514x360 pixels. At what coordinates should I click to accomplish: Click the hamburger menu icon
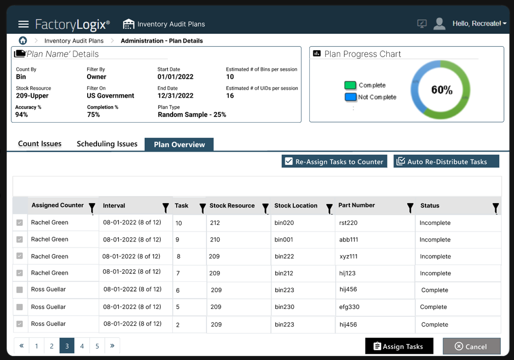23,24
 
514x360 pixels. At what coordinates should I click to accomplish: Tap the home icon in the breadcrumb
23,40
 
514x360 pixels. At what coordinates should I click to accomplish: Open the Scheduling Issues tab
107,144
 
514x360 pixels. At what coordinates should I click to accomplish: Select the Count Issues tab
40,144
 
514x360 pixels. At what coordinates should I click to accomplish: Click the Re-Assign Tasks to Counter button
334,162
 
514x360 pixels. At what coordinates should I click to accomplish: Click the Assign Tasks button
399,346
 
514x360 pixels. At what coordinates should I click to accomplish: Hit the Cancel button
471,346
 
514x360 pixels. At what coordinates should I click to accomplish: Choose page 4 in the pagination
82,346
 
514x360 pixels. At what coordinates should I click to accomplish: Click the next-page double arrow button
112,346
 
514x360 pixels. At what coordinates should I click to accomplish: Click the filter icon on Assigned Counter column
92,208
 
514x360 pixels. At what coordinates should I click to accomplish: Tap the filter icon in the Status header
496,208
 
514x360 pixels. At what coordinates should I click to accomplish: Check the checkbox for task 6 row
19,290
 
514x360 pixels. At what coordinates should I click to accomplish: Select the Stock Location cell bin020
284,223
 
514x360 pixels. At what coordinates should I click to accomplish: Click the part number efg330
349,307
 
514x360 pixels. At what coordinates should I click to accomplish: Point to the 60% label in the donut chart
442,90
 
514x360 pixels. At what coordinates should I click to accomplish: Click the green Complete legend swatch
350,85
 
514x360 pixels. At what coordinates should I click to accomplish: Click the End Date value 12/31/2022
175,96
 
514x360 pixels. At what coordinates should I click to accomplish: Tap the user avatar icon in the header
439,24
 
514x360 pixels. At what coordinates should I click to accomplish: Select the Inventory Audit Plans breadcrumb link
74,40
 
